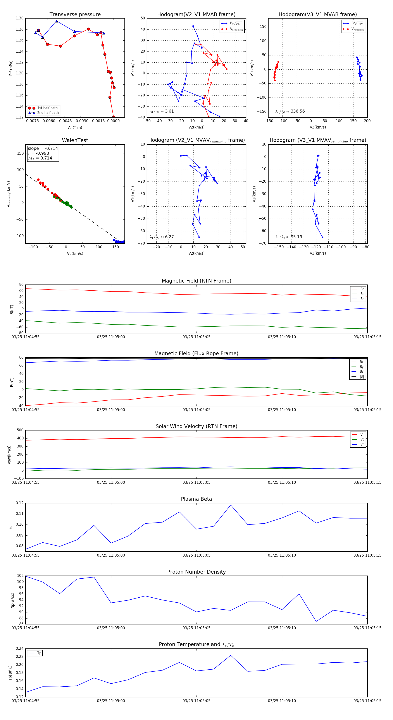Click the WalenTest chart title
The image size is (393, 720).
[x=75, y=140]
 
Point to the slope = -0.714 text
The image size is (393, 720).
[x=43, y=148]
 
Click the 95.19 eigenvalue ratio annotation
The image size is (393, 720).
[x=296, y=237]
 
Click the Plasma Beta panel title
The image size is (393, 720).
[x=196, y=499]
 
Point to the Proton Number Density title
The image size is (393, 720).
[x=196, y=572]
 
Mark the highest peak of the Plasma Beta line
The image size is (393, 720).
[x=231, y=505]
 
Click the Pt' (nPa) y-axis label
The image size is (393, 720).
[x=11, y=68]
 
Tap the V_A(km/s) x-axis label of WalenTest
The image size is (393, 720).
[x=75, y=254]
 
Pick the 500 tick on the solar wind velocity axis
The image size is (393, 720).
[x=20, y=430]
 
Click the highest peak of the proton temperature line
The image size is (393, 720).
[x=231, y=655]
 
